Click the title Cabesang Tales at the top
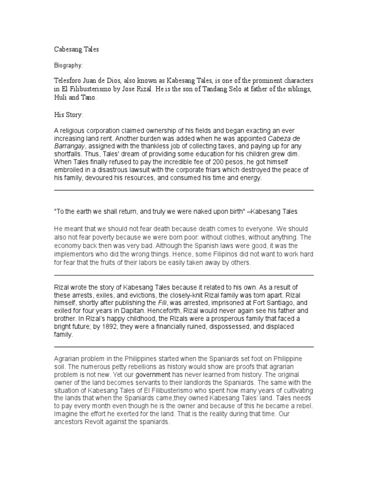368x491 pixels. pyautogui.click(x=76, y=49)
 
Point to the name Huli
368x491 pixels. pyautogui.click(x=60, y=97)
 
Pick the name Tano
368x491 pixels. pyautogui.click(x=88, y=97)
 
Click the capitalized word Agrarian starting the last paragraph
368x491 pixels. pyautogui.click(x=68, y=359)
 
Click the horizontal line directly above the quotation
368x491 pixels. pyautogui.click(x=184, y=190)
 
